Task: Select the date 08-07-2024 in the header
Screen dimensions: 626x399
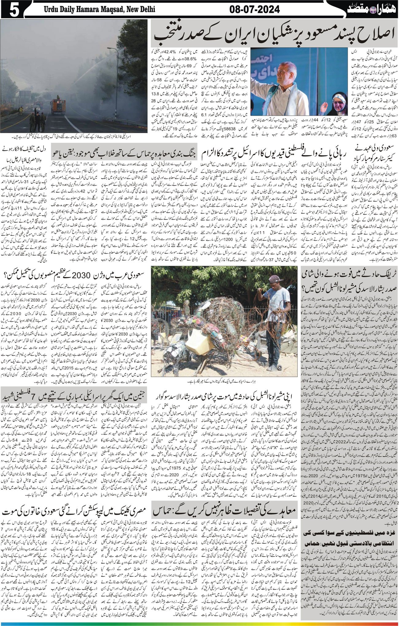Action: coord(254,10)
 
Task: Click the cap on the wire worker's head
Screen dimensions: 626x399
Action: coord(272,279)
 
